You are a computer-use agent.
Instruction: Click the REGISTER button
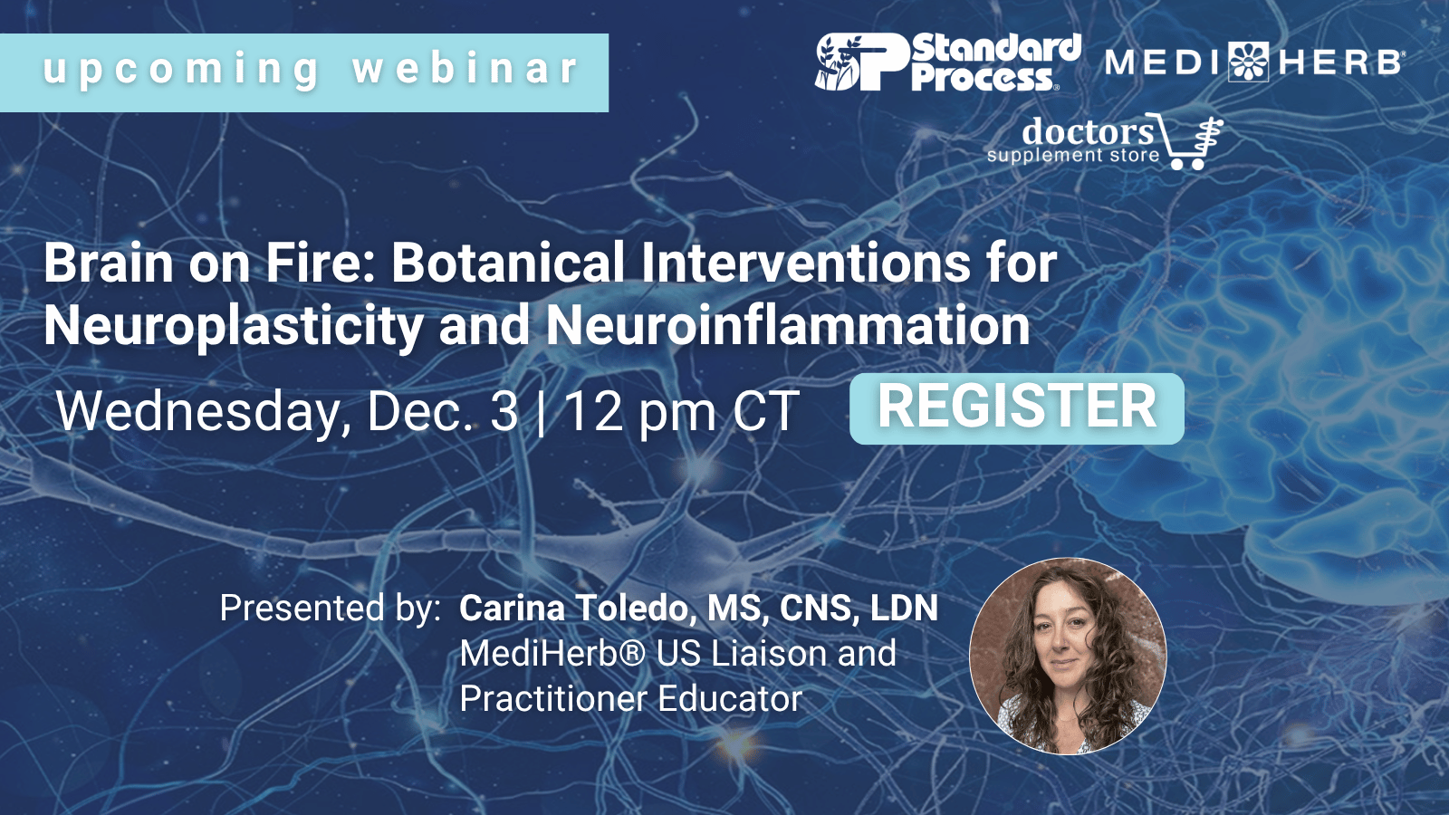[1016, 408]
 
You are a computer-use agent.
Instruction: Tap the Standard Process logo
[948, 62]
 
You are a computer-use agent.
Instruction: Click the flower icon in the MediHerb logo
[1249, 62]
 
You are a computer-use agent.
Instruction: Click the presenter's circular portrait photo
[1068, 656]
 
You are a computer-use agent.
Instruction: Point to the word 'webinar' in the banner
[465, 68]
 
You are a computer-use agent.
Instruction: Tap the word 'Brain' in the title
[108, 264]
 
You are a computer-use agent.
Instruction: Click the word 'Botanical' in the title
[508, 264]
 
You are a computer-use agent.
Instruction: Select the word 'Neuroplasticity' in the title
[234, 327]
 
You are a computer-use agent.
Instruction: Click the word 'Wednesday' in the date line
[198, 412]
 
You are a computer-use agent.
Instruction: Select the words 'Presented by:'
[330, 609]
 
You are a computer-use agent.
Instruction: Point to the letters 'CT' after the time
[766, 411]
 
